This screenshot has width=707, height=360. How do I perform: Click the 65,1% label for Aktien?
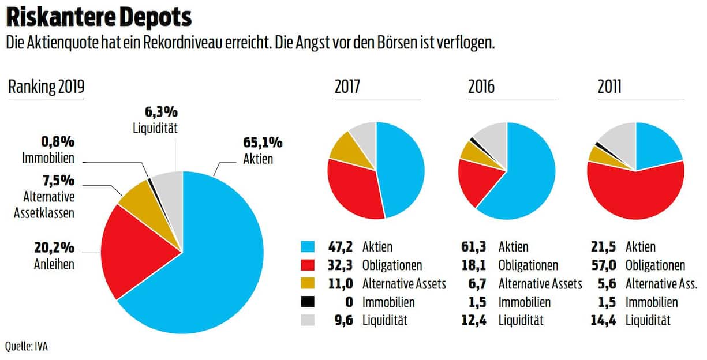(x=263, y=142)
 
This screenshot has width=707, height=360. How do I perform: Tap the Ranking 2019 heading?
(x=46, y=87)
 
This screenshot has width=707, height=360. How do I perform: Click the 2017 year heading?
(x=347, y=87)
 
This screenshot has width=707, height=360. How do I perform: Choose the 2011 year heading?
(x=609, y=87)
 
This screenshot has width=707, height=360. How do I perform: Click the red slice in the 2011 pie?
(x=635, y=193)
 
